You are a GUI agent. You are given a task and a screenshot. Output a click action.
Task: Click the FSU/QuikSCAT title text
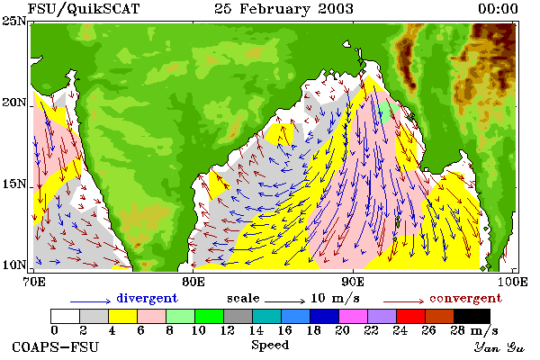point(84,9)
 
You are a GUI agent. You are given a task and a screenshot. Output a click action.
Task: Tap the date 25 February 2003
point(283,9)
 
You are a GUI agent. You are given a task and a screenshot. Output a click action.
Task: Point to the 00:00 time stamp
point(498,9)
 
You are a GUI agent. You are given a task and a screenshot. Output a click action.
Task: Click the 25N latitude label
point(13,21)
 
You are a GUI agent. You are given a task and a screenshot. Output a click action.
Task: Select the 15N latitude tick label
point(13,184)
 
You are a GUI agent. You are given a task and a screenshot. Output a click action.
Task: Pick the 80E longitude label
point(193,282)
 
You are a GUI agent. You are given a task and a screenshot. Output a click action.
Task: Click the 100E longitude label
point(512,282)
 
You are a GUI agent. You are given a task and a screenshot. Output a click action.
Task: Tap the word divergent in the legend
point(147,298)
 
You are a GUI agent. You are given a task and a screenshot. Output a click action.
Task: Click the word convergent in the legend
point(465,298)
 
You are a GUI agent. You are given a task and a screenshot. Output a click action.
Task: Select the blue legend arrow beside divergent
point(90,301)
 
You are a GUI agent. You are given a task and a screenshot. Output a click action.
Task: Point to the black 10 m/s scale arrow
point(284,301)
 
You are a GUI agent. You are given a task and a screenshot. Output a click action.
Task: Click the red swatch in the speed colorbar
point(410,316)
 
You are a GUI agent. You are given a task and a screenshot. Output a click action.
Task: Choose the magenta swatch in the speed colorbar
point(353,316)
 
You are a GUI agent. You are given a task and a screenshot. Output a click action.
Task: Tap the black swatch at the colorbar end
point(472,316)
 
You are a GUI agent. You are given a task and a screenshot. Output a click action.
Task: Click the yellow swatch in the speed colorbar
point(122,316)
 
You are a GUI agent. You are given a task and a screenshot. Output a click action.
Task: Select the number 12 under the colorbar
point(228,330)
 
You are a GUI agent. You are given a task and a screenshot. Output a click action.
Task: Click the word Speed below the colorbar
point(270,346)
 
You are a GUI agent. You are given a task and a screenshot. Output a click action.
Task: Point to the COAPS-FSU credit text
point(55,346)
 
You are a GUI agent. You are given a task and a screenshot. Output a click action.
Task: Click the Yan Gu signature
point(499,347)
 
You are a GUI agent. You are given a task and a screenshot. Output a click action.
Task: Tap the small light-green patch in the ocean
point(389,111)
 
